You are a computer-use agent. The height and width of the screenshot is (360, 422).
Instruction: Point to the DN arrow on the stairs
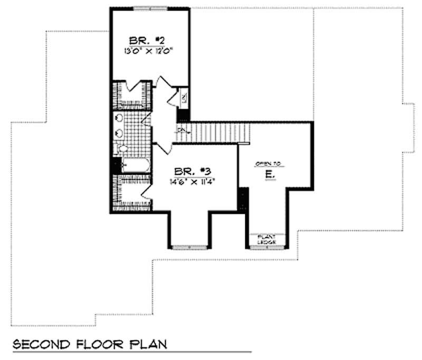click(181, 129)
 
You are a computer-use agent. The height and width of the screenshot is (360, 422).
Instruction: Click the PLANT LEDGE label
click(267, 239)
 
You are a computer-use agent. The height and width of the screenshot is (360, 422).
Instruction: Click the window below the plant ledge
click(267, 247)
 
